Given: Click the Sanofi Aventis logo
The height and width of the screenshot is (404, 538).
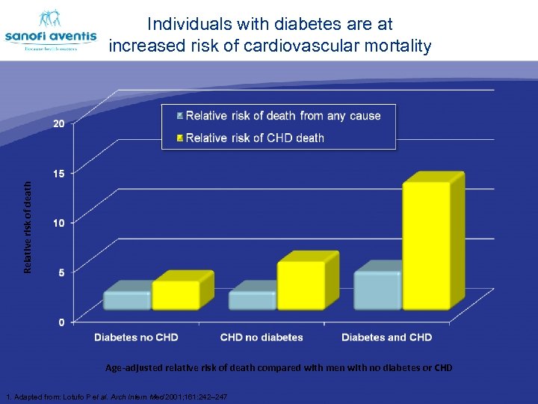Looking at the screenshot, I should click(51, 32).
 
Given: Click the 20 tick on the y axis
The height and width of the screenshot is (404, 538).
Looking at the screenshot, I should click(58, 123).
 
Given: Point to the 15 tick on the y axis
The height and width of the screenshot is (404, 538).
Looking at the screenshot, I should click(58, 173).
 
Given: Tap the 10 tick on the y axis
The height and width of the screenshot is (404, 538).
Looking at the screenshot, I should click(58, 223).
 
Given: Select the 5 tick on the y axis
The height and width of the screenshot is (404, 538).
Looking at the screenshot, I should click(61, 272).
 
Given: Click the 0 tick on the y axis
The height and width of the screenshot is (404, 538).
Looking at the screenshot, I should click(61, 322).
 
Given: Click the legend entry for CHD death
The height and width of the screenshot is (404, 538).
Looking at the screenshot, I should click(254, 138).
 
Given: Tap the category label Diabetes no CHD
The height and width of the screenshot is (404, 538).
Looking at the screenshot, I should click(136, 337).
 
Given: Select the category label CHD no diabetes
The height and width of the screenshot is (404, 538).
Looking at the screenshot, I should click(262, 337).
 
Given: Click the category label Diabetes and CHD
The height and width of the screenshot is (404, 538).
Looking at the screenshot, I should click(386, 337).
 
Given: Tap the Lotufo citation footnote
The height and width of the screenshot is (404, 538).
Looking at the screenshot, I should click(116, 395).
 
